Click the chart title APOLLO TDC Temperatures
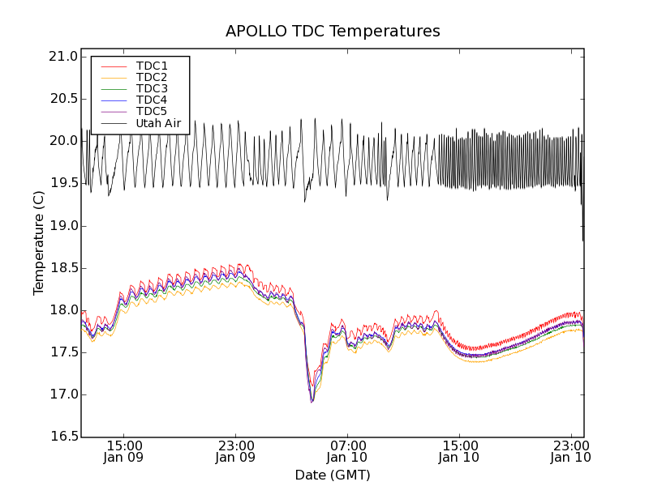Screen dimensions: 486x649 click(x=333, y=32)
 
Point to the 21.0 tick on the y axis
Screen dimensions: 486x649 click(x=62, y=57)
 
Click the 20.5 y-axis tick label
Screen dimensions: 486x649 click(x=62, y=99)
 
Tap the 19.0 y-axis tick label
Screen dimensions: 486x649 click(x=62, y=226)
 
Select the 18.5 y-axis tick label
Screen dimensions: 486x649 click(x=62, y=268)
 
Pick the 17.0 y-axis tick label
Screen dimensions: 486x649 click(x=62, y=395)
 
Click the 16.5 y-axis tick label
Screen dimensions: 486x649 click(x=62, y=437)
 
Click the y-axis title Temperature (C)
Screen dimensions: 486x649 click(x=39, y=243)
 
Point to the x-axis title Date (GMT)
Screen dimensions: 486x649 click(x=333, y=475)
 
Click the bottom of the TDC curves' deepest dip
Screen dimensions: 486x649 click(x=312, y=402)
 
